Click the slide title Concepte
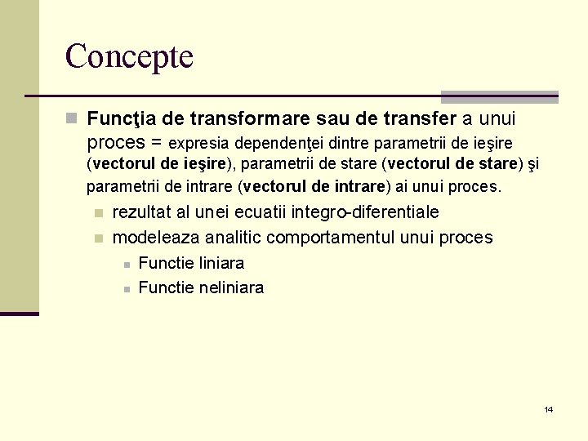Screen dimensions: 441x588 (129, 56)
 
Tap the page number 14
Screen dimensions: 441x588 (549, 409)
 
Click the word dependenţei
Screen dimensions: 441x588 (282, 143)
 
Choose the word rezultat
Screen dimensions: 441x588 (142, 212)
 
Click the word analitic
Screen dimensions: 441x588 (236, 238)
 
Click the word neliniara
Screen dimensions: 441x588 (232, 287)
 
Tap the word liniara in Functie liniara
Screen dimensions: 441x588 (222, 263)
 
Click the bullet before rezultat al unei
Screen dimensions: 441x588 (98, 213)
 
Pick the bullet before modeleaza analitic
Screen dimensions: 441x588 (98, 238)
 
